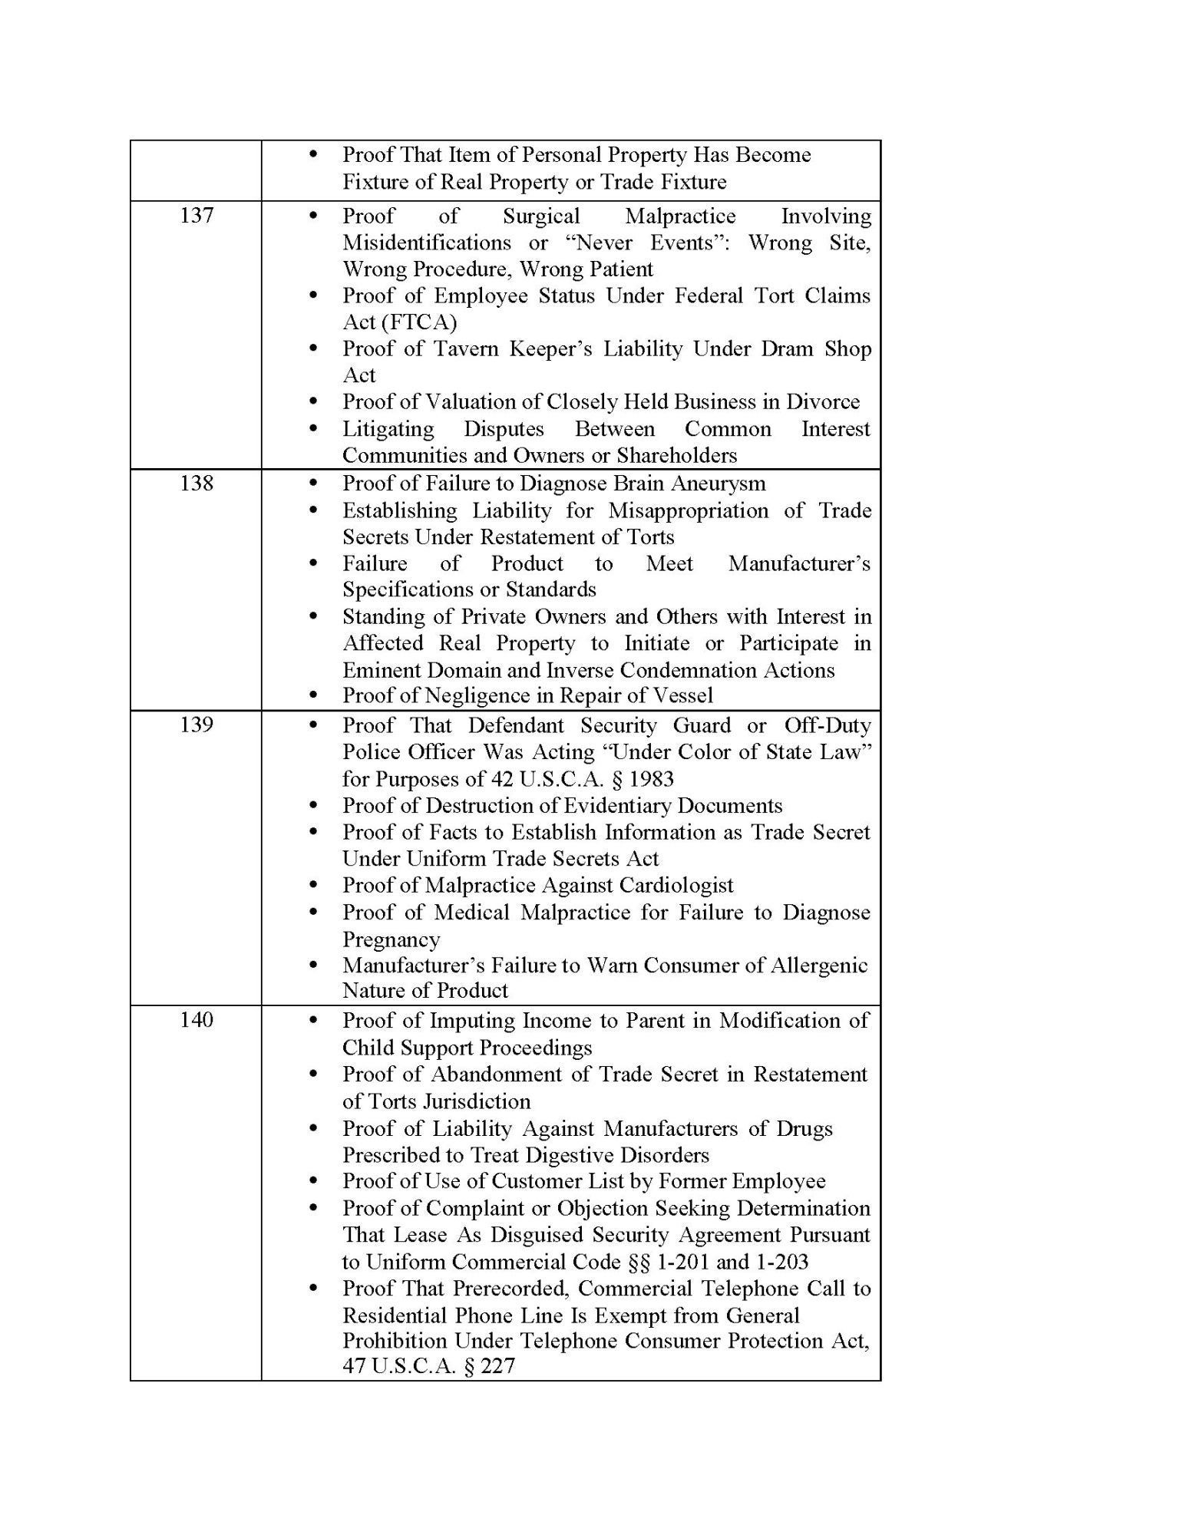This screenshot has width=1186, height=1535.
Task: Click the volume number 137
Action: coord(196,216)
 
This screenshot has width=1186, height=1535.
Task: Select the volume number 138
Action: coord(196,483)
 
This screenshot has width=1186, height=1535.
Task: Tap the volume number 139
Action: coord(196,725)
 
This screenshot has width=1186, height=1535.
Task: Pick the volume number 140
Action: coord(196,1020)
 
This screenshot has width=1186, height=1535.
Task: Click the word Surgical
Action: coord(541,216)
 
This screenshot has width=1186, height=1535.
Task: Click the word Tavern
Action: coord(467,348)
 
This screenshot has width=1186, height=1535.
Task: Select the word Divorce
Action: coord(823,401)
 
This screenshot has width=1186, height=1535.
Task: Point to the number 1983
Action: coord(651,779)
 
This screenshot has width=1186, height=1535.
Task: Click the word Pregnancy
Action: coord(391,939)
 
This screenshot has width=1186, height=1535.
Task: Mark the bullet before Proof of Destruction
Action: coord(312,806)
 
